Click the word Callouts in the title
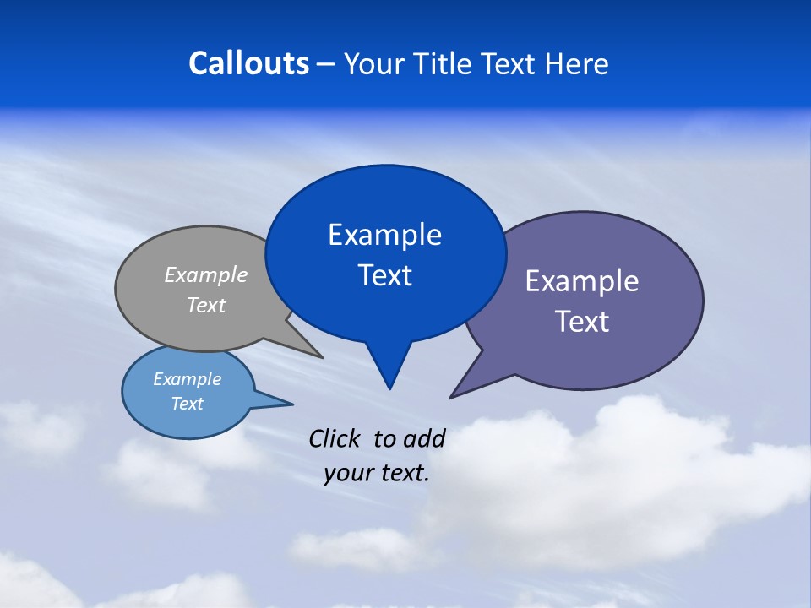248,63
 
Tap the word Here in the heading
577,63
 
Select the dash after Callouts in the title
326,64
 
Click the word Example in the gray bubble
205,274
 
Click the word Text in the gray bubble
205,305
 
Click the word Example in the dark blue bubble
384,234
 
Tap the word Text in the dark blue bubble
384,275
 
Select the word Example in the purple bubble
581,280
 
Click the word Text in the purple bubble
581,322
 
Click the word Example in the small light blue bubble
187,379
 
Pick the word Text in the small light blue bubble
187,404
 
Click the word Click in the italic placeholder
335,438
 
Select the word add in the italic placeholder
423,438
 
